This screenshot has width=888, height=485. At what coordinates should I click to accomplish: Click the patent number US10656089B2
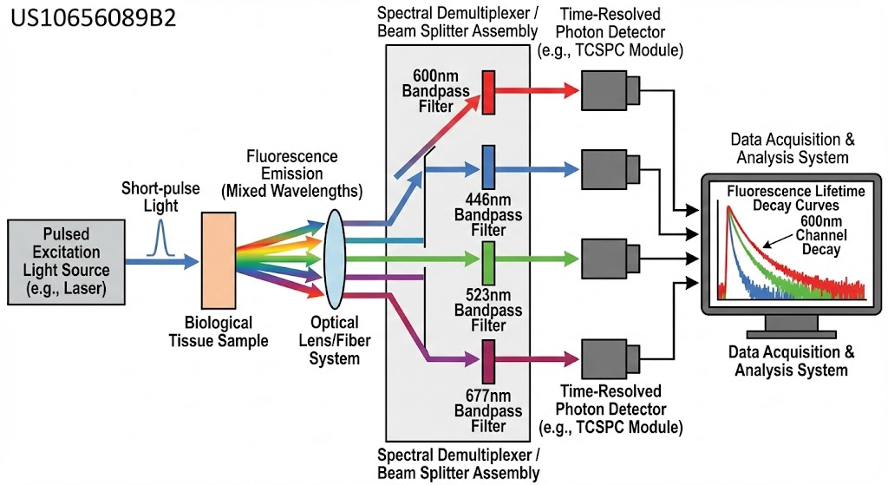pyautogui.click(x=94, y=18)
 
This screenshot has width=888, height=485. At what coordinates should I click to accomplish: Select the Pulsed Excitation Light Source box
pyautogui.click(x=66, y=262)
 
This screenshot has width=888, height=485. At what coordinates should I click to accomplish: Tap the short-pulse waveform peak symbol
pyautogui.click(x=160, y=238)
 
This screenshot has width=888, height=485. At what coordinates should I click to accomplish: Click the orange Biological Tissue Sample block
pyautogui.click(x=219, y=260)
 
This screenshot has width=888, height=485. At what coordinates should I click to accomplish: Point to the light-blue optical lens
pyautogui.click(x=334, y=259)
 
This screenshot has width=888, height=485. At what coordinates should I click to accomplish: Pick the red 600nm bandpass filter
pyautogui.click(x=488, y=92)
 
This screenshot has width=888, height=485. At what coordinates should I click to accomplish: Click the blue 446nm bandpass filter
pyautogui.click(x=488, y=167)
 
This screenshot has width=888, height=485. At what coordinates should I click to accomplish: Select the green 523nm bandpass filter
pyautogui.click(x=488, y=263)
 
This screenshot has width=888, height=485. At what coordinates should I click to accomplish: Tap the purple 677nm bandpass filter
pyautogui.click(x=488, y=362)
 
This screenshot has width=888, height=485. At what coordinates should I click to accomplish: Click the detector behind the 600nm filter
pyautogui.click(x=610, y=90)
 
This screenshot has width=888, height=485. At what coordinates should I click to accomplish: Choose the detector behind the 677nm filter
pyautogui.click(x=610, y=359)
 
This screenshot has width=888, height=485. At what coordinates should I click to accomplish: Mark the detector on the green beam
pyautogui.click(x=610, y=259)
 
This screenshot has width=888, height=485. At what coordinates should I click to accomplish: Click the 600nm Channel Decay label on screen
pyautogui.click(x=821, y=235)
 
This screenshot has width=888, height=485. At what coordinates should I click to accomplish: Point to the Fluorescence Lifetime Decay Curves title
pyautogui.click(x=796, y=198)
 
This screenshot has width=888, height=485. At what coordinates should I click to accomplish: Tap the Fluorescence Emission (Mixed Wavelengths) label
pyautogui.click(x=292, y=174)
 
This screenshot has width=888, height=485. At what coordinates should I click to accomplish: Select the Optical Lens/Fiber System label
pyautogui.click(x=334, y=340)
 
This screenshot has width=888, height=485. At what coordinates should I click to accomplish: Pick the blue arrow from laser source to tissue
pyautogui.click(x=162, y=261)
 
